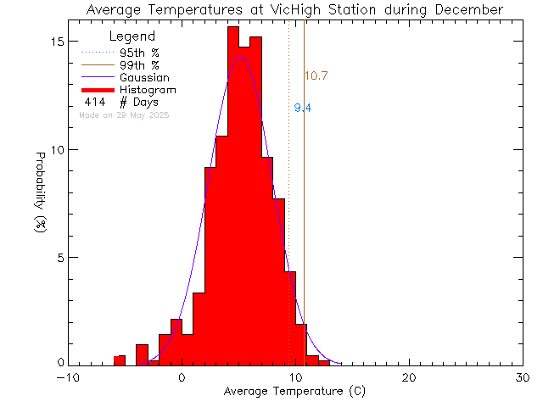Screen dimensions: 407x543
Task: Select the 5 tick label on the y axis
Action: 59,257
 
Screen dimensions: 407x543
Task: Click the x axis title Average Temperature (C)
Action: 295,392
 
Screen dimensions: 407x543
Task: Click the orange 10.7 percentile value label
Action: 316,76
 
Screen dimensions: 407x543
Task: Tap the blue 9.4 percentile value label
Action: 302,109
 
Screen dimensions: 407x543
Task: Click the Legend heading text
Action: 132,36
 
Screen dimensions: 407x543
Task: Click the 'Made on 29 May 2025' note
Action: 124,114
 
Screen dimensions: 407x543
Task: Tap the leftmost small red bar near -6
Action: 120,360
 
